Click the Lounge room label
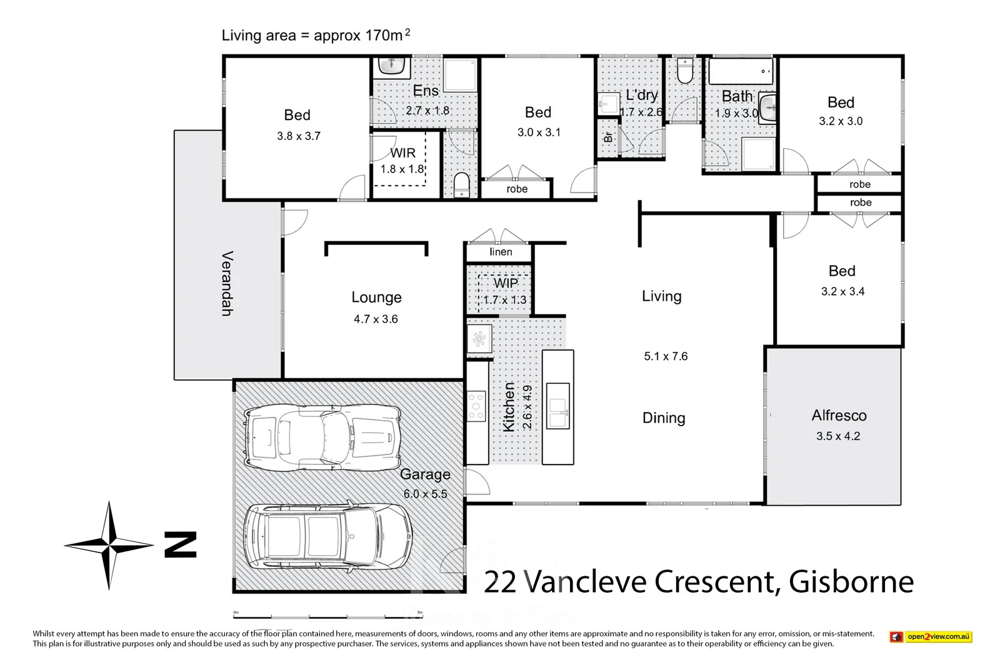click(376, 298)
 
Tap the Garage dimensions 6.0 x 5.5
click(425, 494)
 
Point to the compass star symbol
click(109, 545)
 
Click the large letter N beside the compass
click(181, 544)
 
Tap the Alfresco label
click(839, 416)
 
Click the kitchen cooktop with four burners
click(476, 405)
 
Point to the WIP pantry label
click(506, 283)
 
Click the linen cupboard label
click(501, 252)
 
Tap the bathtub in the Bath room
click(741, 71)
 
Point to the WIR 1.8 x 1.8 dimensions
click(402, 169)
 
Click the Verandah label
click(227, 283)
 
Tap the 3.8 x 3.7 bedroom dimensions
click(299, 136)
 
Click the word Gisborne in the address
click(851, 582)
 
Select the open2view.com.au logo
click(931, 637)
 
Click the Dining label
click(664, 418)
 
